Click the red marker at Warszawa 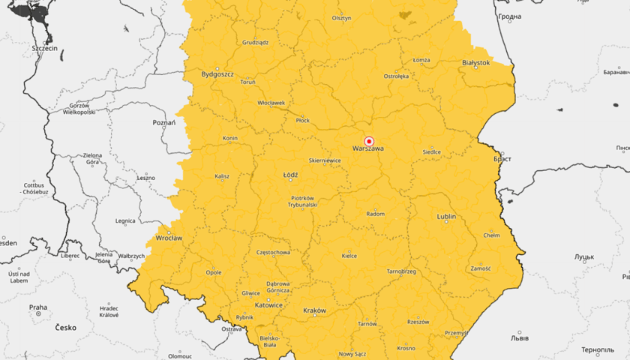click(x=369, y=141)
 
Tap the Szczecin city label click(x=45, y=48)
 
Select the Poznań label click(x=163, y=122)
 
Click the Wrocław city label click(x=169, y=238)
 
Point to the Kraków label click(x=314, y=310)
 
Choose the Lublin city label click(x=446, y=217)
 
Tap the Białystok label click(x=476, y=63)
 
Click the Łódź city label click(x=290, y=175)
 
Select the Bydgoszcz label click(x=218, y=74)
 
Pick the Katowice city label click(x=268, y=305)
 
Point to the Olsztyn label click(x=341, y=18)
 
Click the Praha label click(x=38, y=307)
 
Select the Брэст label click(x=502, y=160)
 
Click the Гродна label click(x=509, y=16)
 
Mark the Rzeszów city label click(x=418, y=321)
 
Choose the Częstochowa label click(x=273, y=253)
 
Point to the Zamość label click(x=480, y=268)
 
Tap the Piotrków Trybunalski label click(x=304, y=201)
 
